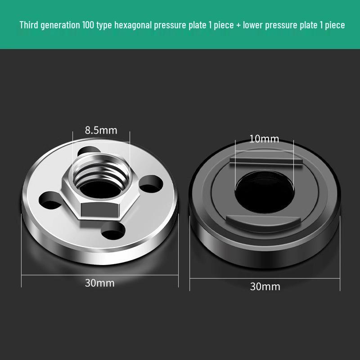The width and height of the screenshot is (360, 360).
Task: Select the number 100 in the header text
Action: point(88,25)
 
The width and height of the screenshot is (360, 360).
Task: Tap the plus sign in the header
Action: point(238,25)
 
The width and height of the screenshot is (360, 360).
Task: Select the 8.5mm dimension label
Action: point(101,130)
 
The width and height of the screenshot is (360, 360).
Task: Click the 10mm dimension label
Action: point(264,139)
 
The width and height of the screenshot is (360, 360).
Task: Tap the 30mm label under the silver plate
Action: point(100,283)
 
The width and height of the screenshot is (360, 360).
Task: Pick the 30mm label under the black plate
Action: point(265,286)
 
